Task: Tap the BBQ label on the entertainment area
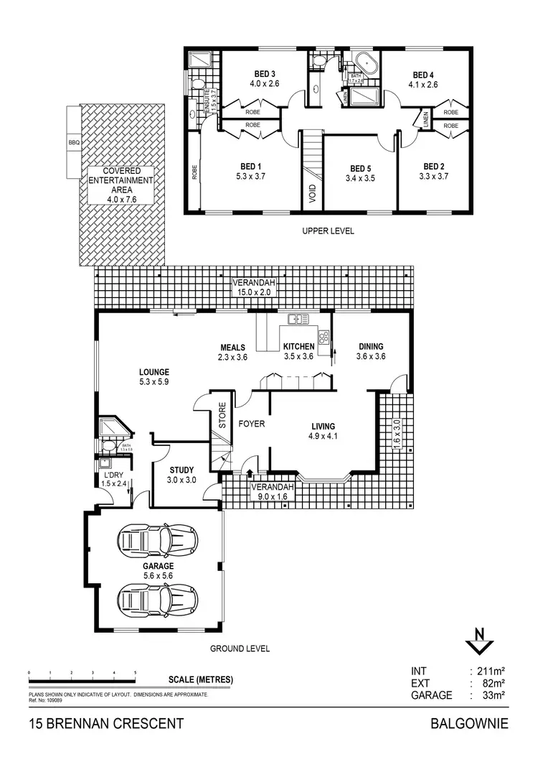pos(74,142)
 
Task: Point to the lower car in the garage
pos(158,596)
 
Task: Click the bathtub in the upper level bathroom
pos(366,62)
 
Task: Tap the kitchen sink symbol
pos(296,319)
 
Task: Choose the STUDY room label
pos(181,470)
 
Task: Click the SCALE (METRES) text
pos(201,679)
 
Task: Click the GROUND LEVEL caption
pos(240,649)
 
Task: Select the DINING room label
pos(372,346)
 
